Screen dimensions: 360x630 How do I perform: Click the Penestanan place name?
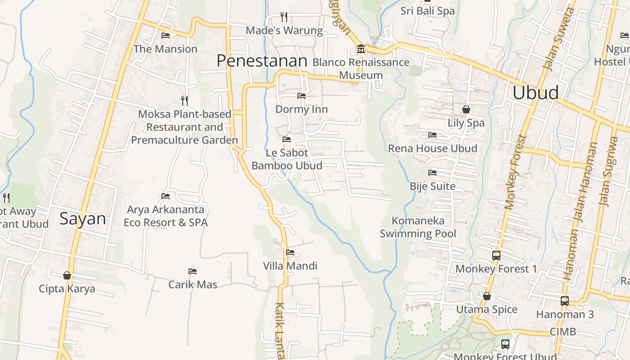coord(262,61)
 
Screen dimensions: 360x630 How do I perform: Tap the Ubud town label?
coord(535,92)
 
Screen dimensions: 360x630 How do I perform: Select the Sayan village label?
coord(83,219)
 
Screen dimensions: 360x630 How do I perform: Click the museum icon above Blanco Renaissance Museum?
coord(360,49)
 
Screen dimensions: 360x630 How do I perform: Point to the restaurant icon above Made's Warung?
coord(284,17)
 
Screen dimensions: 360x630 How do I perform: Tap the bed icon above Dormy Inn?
coord(301,95)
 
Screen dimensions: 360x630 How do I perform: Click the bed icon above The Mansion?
coord(166,35)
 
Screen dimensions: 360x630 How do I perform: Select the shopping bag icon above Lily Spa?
coord(466,109)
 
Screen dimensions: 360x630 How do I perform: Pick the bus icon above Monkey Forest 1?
coord(496,255)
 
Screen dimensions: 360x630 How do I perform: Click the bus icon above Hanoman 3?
coord(565,301)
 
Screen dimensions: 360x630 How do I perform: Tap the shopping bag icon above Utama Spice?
coord(486,296)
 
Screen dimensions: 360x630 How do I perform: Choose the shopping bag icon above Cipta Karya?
coord(67,275)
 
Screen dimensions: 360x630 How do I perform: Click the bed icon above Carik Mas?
coord(193,271)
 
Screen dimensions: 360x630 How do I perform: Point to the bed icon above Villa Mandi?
coord(290,252)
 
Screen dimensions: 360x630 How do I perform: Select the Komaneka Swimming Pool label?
coord(418,227)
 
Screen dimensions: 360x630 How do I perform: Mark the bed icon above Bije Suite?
coord(432,172)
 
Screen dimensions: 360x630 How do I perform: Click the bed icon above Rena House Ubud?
coord(432,135)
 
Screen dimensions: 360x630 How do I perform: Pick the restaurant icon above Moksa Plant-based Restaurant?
coord(184,100)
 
